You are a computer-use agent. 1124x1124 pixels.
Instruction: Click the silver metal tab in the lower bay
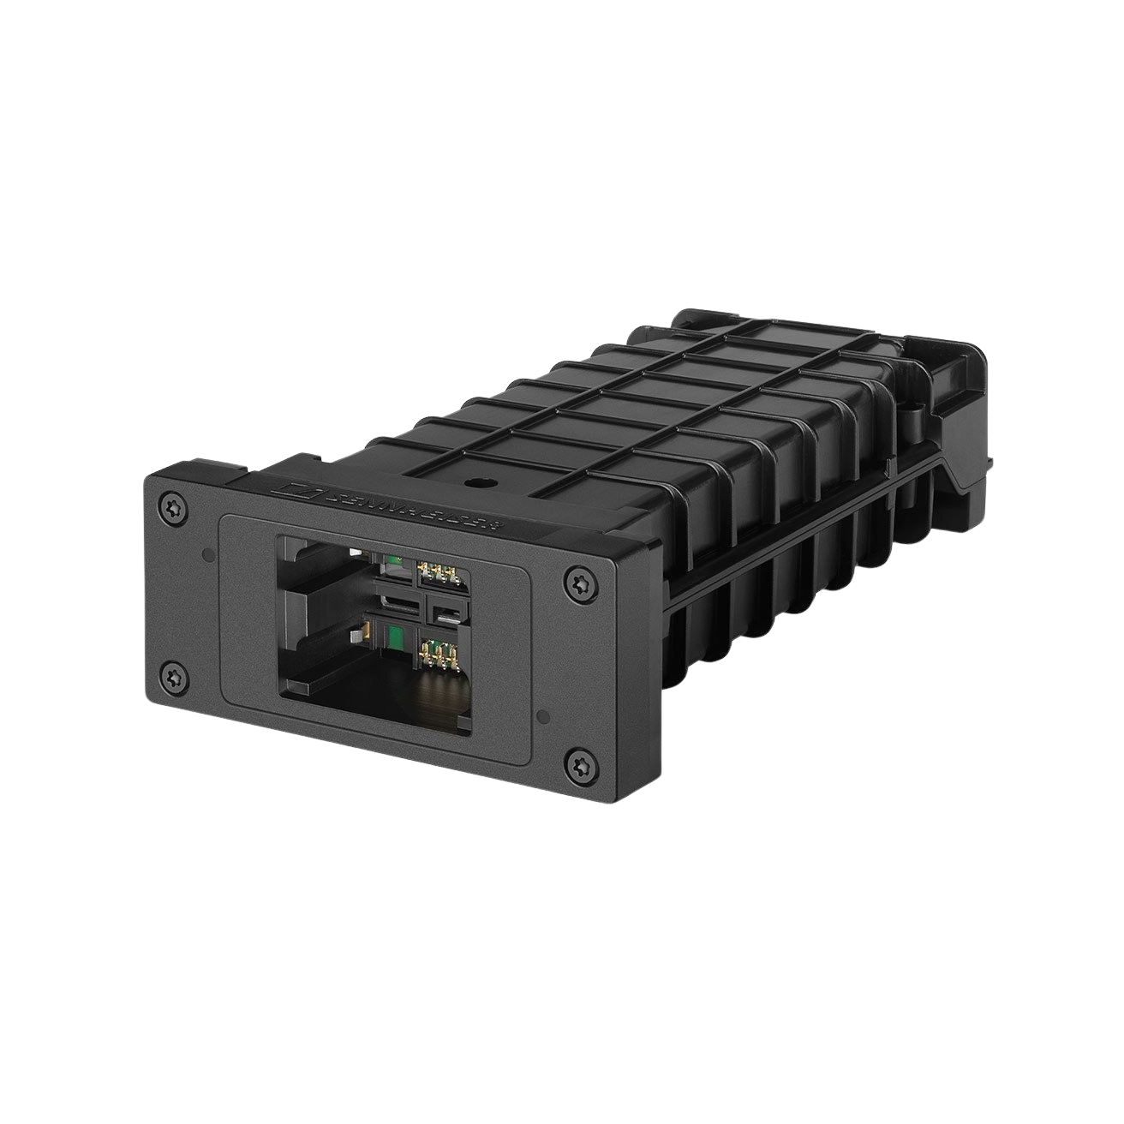pos(354,635)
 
